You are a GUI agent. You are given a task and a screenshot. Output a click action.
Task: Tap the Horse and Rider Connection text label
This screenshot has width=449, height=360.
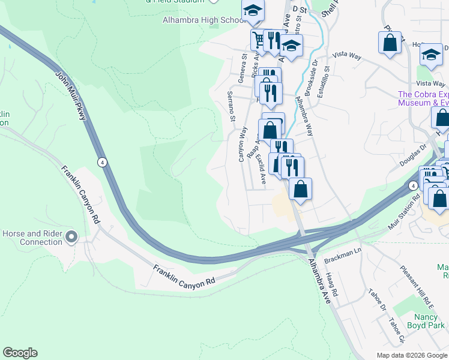32,238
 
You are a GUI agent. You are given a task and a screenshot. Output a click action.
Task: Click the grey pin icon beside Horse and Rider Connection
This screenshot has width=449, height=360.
71,237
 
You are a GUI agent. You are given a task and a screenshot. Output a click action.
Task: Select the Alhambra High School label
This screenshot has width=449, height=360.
200,20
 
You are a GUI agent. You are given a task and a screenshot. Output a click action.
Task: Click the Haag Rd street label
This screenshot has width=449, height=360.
332,284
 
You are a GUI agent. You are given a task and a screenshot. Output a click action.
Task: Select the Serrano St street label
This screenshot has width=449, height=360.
231,106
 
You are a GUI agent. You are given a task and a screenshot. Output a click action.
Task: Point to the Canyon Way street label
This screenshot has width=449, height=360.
243,143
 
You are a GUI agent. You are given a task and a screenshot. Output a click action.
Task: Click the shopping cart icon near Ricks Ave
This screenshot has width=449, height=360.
259,40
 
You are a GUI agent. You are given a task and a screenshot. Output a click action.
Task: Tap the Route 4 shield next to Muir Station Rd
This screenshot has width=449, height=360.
413,186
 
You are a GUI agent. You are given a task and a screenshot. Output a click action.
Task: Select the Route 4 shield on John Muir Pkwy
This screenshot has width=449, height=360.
103,162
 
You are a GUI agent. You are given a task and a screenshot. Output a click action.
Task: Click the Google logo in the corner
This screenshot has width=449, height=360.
20,353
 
